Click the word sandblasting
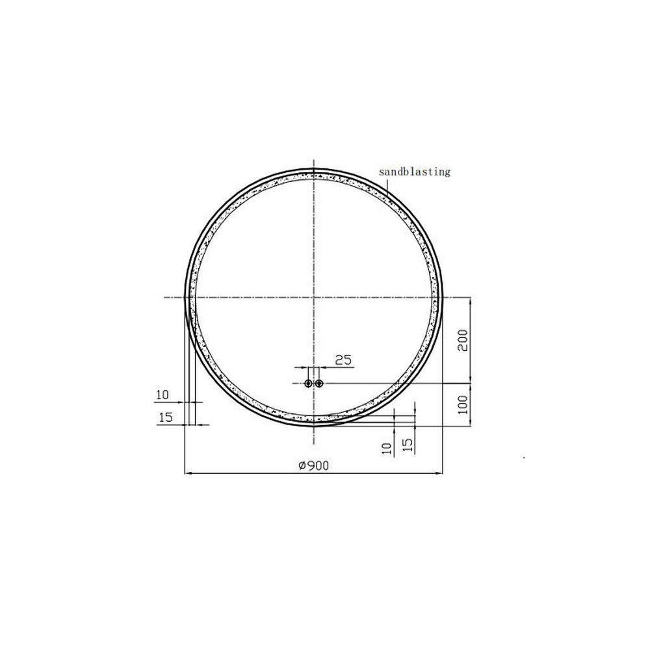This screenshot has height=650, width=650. [x=415, y=172]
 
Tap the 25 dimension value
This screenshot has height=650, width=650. [x=343, y=360]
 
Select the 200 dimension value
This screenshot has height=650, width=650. [x=463, y=341]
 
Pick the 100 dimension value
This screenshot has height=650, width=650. [x=463, y=404]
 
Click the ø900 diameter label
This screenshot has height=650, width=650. [x=314, y=466]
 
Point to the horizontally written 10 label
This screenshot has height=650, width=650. [x=162, y=395]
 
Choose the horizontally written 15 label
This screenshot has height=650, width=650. [x=165, y=417]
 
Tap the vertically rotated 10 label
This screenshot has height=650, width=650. [x=386, y=448]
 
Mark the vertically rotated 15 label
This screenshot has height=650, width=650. [x=408, y=445]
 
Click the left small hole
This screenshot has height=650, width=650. [x=308, y=383]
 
